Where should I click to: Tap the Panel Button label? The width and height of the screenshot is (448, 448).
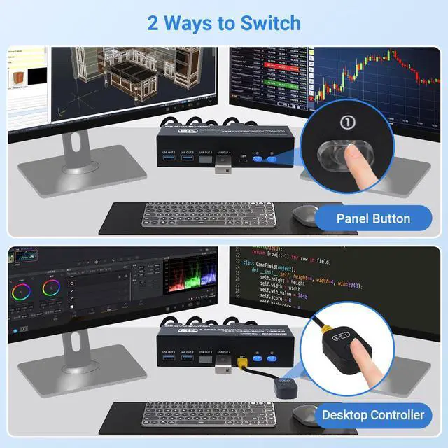(373, 218)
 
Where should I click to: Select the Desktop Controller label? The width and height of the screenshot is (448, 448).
(373, 415)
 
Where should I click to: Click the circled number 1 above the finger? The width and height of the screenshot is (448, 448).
(347, 122)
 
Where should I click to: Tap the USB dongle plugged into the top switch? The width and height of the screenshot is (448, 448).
(223, 167)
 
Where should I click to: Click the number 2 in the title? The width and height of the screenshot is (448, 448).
(153, 22)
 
